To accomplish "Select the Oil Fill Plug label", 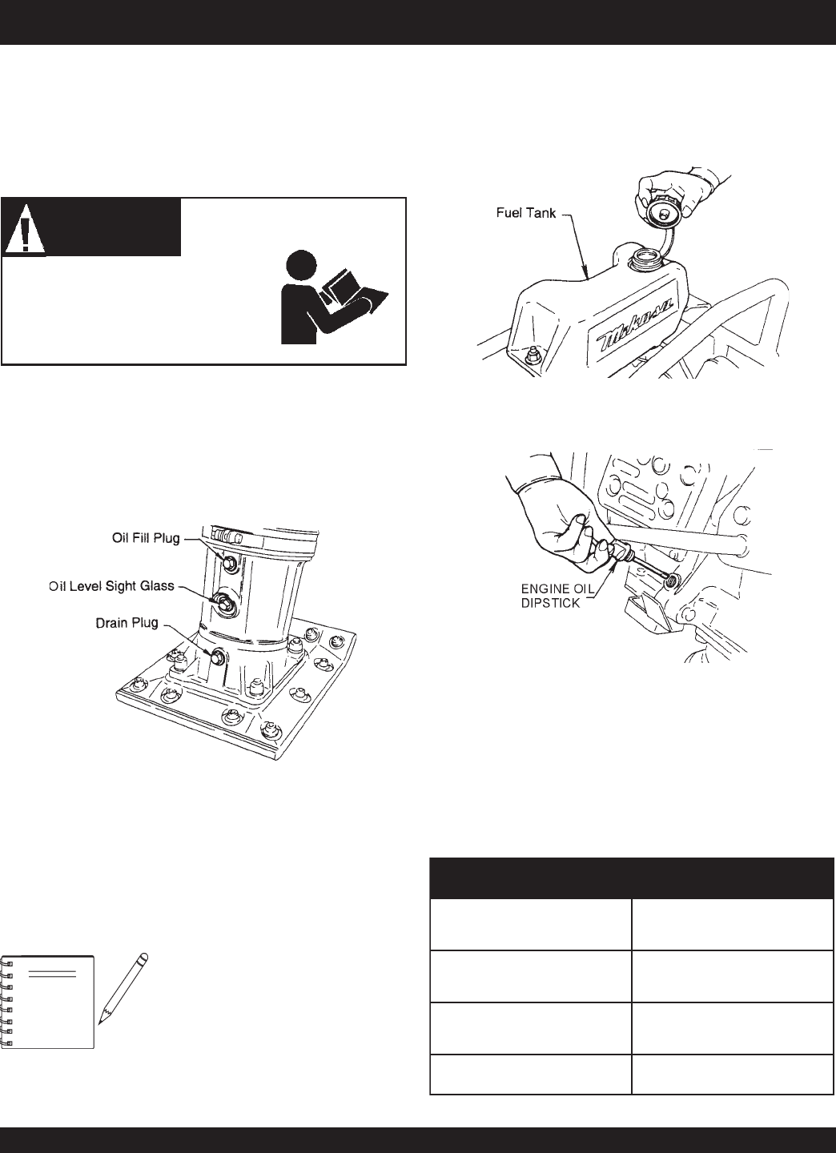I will point(144,537).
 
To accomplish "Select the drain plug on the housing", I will point(215,657).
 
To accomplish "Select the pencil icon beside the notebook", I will point(123,988).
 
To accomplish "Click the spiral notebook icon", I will point(48,1001).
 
